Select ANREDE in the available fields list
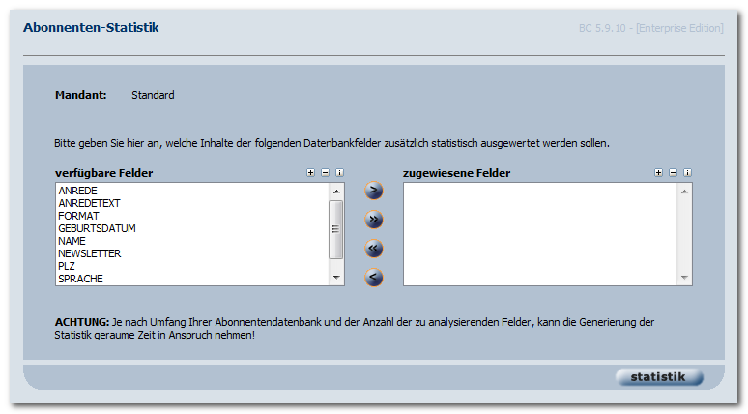77,191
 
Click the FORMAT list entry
78,216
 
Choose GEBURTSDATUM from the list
97,228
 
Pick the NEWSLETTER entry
90,253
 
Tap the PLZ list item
67,266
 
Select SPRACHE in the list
80,279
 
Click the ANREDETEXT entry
89,203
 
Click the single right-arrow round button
374,191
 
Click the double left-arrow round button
374,249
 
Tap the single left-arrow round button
374,278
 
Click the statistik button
659,377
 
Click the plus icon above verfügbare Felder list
310,173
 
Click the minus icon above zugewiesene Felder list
674,173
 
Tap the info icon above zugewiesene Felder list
687,173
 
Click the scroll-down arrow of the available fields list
336,278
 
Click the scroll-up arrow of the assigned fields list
684,192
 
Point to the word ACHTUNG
82,322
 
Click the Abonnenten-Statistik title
91,28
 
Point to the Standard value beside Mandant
153,95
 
